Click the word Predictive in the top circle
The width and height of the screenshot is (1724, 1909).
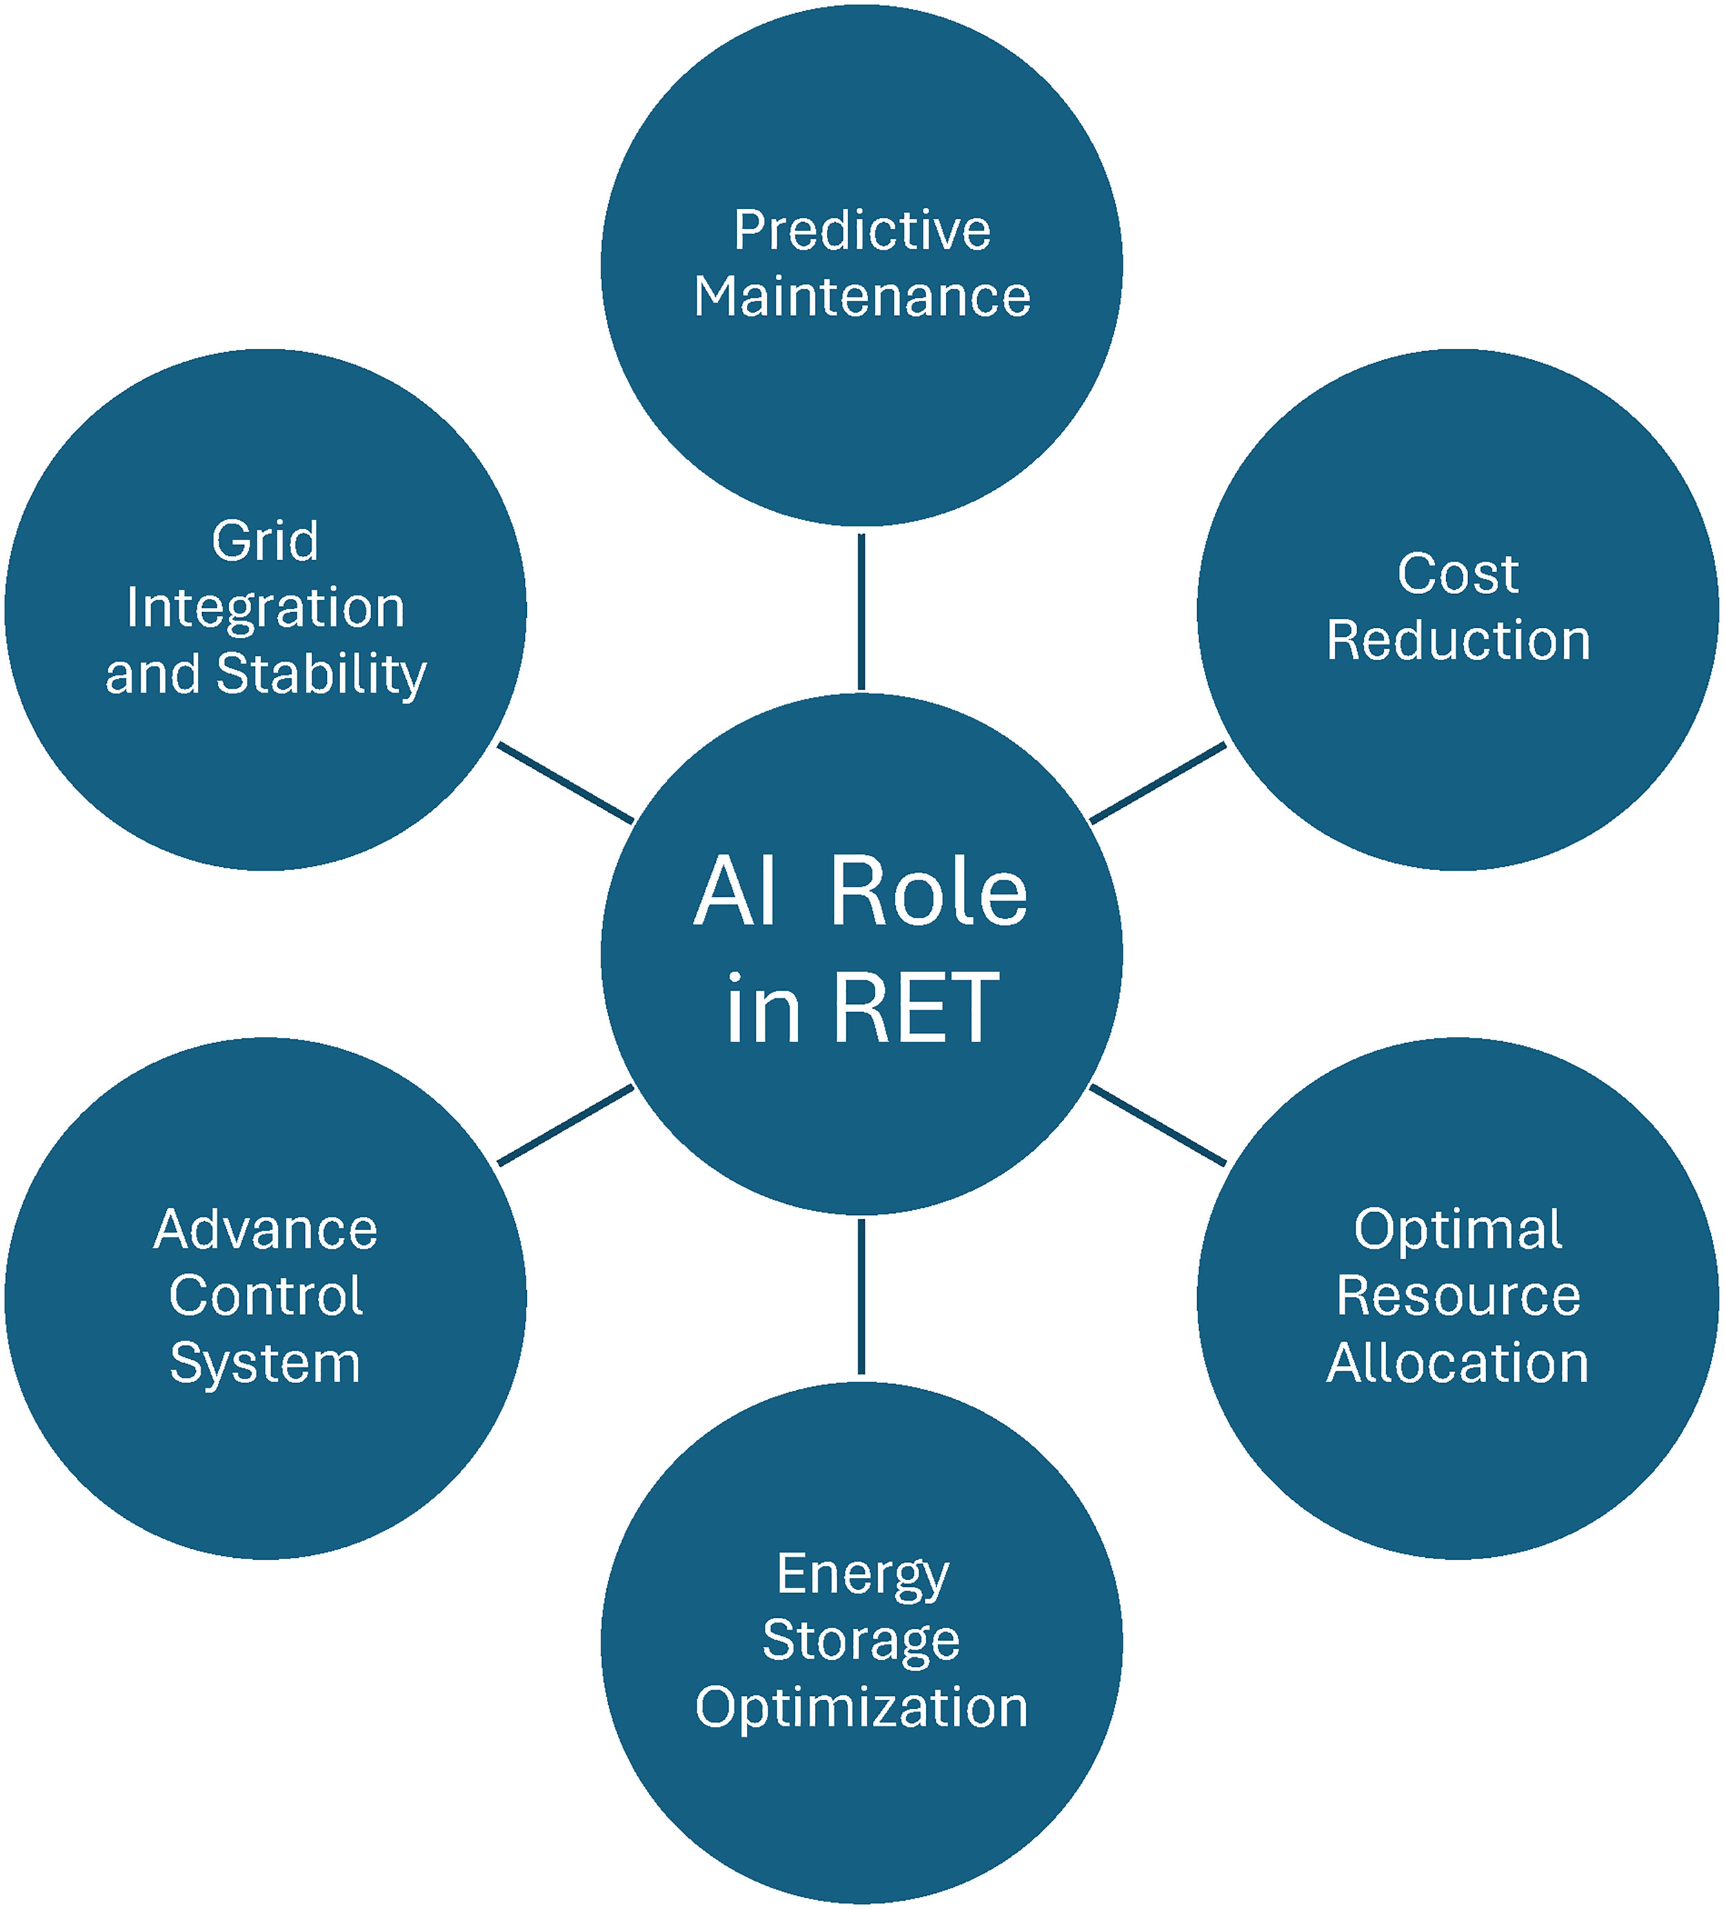coord(861,230)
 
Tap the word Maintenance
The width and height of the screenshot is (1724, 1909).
coord(861,297)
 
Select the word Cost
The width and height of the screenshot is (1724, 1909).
coord(1457,574)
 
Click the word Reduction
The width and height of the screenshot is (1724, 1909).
coord(1457,640)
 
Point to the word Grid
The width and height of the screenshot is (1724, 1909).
coord(265,542)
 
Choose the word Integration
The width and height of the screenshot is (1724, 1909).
coord(265,607)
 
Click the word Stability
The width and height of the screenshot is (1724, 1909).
coord(322,674)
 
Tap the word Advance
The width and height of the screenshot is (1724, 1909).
coord(265,1230)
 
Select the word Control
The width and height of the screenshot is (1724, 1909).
coord(265,1296)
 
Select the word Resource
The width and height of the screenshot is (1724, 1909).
coord(1457,1296)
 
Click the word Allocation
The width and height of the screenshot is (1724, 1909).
coord(1457,1363)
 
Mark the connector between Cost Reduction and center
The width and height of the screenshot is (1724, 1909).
coord(1158,783)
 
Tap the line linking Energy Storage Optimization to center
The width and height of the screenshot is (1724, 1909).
coord(861,1296)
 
